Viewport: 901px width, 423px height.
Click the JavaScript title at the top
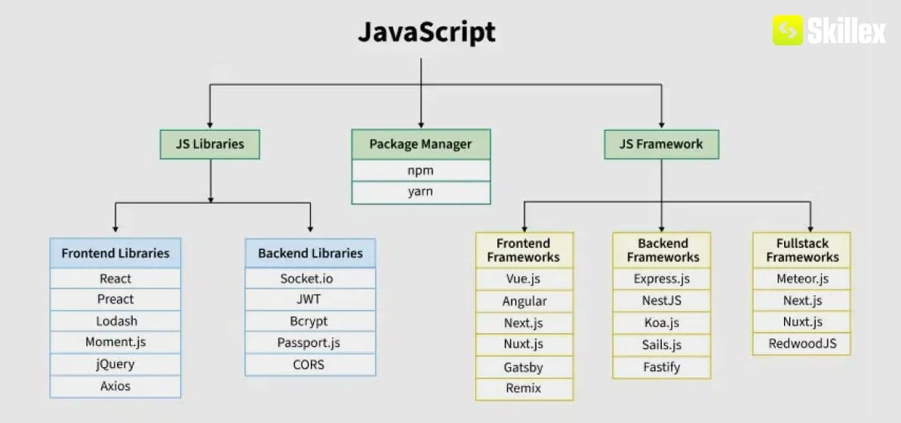coord(426,32)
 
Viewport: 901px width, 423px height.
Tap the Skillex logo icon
coord(787,31)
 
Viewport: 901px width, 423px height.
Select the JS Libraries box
coord(210,144)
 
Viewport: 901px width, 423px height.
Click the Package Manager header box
coord(420,144)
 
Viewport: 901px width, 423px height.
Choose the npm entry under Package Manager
coord(420,171)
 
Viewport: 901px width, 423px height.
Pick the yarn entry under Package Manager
coord(420,192)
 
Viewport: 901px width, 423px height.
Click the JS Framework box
coord(661,144)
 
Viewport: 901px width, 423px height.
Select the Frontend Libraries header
coord(115,253)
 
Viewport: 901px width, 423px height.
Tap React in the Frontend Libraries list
coord(115,279)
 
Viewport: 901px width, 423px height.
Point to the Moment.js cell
coord(115,342)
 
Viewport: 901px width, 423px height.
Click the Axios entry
coord(115,386)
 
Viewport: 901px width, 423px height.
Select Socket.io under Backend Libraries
coord(310,279)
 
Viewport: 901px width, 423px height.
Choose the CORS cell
coord(310,364)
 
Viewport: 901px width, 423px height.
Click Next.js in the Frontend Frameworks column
coord(524,323)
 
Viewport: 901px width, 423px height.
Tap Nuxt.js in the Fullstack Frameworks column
coord(801,322)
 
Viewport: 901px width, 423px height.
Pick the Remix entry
coord(524,388)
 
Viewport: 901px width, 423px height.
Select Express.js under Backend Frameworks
coord(662,279)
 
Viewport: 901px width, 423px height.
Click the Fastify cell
coord(662,367)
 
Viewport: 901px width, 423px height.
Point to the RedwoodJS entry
coord(801,344)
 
